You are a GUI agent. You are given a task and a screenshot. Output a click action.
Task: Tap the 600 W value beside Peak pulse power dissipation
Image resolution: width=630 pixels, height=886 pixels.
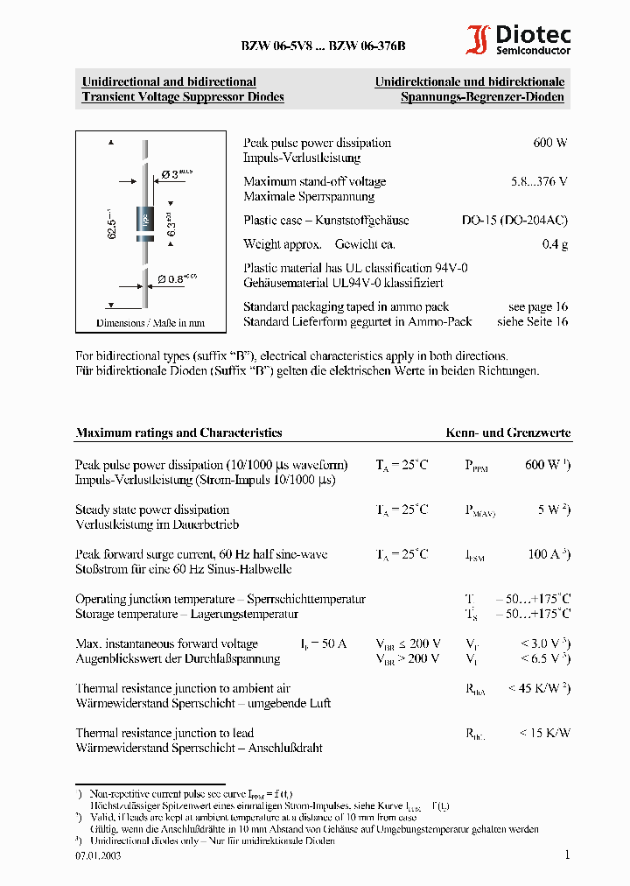(550, 143)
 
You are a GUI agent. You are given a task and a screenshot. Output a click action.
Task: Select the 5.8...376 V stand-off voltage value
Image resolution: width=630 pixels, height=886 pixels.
(539, 181)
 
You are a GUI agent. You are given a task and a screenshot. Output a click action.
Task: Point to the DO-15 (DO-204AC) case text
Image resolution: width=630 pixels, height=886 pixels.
(514, 221)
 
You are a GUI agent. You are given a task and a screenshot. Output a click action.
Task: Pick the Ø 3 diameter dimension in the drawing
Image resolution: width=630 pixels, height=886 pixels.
(176, 174)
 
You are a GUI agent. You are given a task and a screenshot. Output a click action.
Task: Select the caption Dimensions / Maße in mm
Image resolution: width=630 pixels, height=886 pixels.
(150, 323)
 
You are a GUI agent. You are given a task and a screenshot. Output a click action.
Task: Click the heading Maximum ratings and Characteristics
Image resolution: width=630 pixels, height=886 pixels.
(178, 432)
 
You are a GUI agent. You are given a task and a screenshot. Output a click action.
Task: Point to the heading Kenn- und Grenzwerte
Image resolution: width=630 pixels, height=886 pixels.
(508, 432)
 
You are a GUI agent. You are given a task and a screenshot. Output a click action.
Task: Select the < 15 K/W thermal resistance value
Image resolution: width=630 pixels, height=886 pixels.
(544, 733)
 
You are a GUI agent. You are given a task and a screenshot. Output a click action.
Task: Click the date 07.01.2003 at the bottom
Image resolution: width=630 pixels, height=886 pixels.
(98, 855)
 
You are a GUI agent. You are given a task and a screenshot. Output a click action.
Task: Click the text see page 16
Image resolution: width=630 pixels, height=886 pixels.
(538, 306)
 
